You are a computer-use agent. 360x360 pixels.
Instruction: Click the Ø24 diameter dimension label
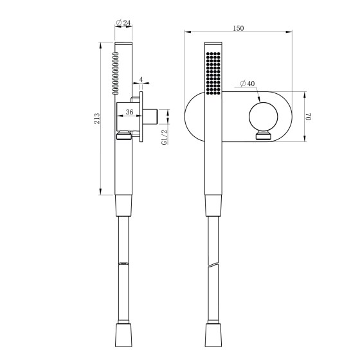coord(123,23)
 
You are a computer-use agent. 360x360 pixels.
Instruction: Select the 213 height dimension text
coord(97,118)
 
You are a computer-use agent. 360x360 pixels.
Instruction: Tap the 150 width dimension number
coord(239,28)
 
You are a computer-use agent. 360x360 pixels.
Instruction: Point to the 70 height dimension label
coord(309,116)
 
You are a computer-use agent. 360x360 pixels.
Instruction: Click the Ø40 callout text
coord(248,84)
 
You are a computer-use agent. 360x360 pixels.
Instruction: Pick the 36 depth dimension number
coord(129,112)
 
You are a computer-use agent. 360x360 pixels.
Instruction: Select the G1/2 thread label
coord(165,137)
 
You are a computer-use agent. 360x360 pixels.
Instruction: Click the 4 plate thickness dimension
coord(141,80)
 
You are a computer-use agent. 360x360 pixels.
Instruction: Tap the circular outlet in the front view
coord(264,116)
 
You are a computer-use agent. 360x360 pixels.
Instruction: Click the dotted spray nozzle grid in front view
coord(213,73)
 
